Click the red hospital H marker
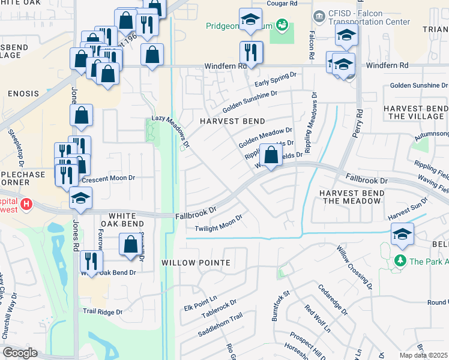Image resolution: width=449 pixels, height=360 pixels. [x=26, y=205]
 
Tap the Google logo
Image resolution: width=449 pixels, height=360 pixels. [x=20, y=353]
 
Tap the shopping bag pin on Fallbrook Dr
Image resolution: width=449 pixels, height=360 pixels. [x=271, y=155]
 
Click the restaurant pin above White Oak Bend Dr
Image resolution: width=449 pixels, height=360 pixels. [x=91, y=261]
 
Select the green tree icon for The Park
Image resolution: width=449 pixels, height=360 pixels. [x=400, y=261]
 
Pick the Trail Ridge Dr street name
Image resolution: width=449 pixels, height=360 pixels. [x=103, y=311]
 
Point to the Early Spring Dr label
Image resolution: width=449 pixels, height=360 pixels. [x=276, y=79]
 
